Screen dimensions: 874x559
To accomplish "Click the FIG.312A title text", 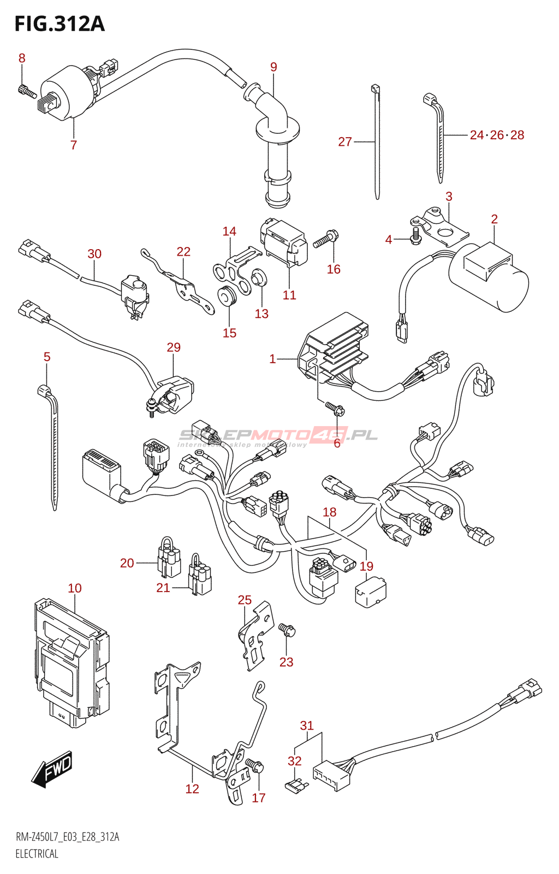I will click(59, 24).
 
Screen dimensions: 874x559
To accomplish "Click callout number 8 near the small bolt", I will click(22, 58).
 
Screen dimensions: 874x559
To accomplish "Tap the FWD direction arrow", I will click(52, 770).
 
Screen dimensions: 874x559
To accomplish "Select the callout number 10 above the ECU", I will click(75, 588).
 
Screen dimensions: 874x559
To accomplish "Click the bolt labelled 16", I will click(326, 239).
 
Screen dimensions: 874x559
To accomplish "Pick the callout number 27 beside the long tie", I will click(345, 142).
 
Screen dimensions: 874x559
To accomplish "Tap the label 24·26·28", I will click(497, 135).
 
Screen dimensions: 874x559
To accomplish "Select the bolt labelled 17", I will click(255, 764).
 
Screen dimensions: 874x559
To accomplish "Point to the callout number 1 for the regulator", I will click(272, 359).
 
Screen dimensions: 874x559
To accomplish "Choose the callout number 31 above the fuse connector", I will click(307, 725).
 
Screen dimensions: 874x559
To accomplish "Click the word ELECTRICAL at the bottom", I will click(37, 854).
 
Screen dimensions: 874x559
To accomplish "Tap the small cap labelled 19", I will click(370, 592).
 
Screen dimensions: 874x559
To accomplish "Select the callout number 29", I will click(174, 347).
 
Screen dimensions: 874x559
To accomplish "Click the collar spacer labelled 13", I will click(258, 279).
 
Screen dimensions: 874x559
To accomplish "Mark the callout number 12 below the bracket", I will click(192, 789).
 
